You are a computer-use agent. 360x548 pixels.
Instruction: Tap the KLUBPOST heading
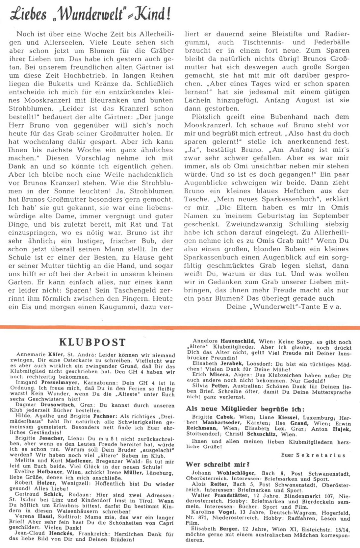[92, 342]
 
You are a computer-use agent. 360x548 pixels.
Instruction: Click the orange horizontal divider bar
[180, 327]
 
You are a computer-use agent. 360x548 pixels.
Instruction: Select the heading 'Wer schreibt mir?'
[218, 464]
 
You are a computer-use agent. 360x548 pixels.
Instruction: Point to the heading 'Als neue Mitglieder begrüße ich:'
[245, 409]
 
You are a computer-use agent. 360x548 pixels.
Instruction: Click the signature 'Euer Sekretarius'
[313, 455]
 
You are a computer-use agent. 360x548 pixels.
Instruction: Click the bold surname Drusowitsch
[58, 405]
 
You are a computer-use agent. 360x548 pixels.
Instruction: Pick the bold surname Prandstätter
[232, 495]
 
